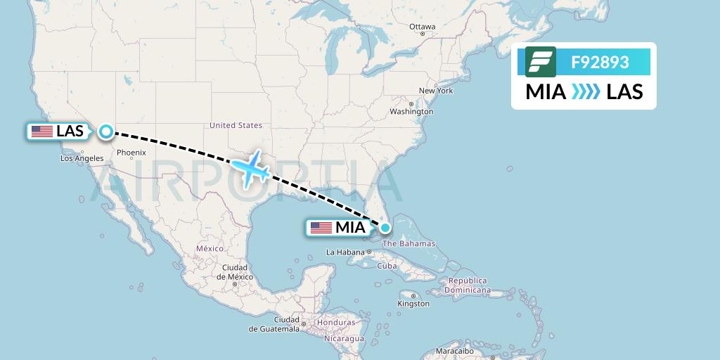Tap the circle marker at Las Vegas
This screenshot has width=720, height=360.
[x=105, y=131]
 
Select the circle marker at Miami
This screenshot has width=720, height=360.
[x=385, y=227]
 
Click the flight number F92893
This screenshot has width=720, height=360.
[x=600, y=63]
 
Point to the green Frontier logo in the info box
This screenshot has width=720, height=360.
[x=541, y=62]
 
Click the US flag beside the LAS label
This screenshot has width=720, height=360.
[x=42, y=131]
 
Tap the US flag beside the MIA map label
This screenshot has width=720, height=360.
[x=321, y=228]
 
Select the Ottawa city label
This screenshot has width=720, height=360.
[x=423, y=27]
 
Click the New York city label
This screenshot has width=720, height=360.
[x=436, y=91]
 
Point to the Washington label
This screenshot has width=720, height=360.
[x=411, y=112]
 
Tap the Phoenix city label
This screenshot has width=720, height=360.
[x=131, y=153]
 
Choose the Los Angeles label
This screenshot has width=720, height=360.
[x=82, y=158]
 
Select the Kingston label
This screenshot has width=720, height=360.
[x=413, y=304]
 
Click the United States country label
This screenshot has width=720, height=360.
[x=236, y=125]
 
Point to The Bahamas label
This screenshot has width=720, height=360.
[x=410, y=244]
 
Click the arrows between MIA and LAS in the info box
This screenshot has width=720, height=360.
[x=586, y=91]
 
